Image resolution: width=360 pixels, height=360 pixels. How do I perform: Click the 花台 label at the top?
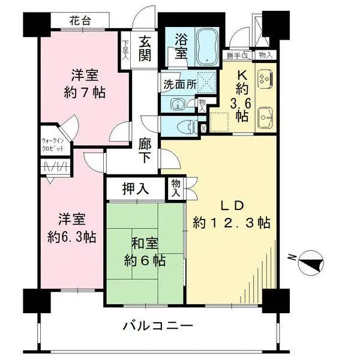point(82,20)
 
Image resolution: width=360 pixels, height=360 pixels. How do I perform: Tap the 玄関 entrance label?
point(146,49)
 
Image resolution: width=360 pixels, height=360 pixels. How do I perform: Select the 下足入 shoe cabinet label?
point(125,48)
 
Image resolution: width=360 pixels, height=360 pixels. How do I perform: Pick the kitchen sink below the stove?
point(264,116)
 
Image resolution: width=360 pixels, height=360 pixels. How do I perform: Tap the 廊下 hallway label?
point(145,152)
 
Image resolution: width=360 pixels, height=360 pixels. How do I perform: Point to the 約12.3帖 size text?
point(232,223)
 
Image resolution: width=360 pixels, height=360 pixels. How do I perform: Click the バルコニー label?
point(158,327)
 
